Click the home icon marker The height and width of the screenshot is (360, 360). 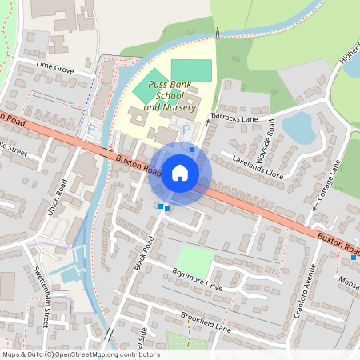[180, 173]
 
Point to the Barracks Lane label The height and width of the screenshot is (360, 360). [234, 118]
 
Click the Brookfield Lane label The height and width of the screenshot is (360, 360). [205, 323]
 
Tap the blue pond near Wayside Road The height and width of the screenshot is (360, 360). [297, 127]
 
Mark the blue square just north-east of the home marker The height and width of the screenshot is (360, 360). [192, 149]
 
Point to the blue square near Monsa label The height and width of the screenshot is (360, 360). [353, 258]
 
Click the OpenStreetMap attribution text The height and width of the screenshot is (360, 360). [81, 354]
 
